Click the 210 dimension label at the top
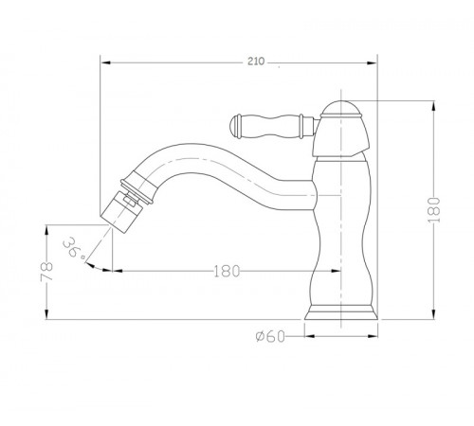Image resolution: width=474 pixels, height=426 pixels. pyautogui.click(x=256, y=62)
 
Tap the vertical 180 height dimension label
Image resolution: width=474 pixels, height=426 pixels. pyautogui.click(x=434, y=210)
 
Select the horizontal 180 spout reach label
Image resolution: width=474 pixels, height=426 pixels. pyautogui.click(x=227, y=271)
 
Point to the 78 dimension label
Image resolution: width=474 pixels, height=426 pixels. pyautogui.click(x=46, y=271)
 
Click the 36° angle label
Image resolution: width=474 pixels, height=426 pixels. pyautogui.click(x=74, y=248)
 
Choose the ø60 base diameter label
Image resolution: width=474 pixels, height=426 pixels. pyautogui.click(x=270, y=336)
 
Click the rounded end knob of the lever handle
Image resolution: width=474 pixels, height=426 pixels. pyautogui.click(x=235, y=127)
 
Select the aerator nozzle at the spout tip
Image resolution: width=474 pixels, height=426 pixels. pyautogui.click(x=121, y=211)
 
